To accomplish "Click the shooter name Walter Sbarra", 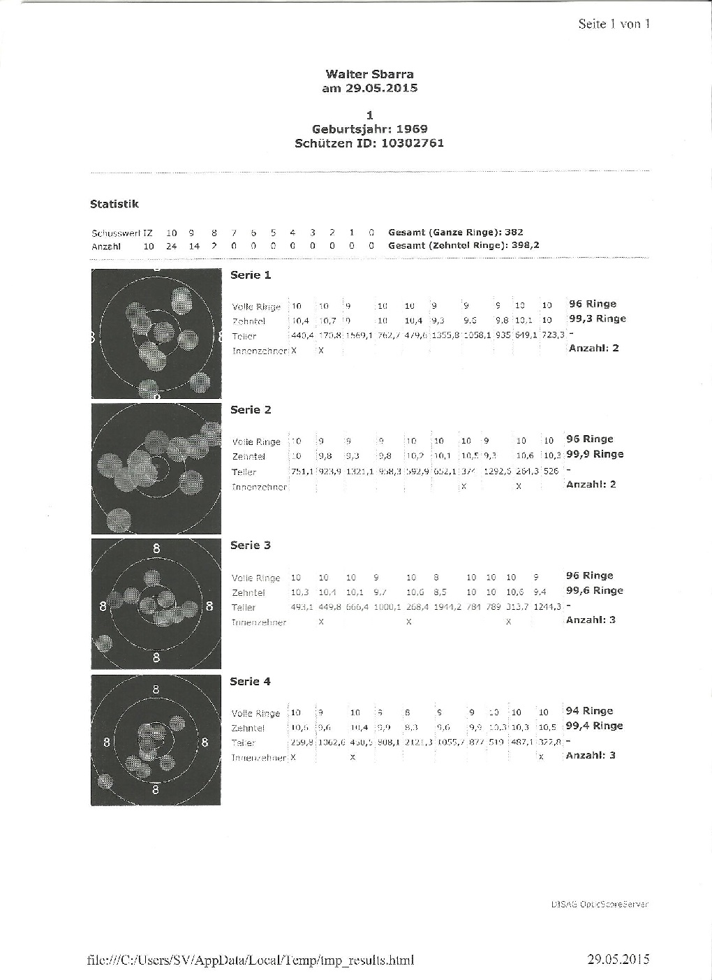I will pyautogui.click(x=369, y=74).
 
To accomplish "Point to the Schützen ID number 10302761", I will pyautogui.click(x=412, y=143).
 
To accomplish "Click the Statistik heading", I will pyautogui.click(x=114, y=204).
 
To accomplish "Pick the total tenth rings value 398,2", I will pyautogui.click(x=526, y=246).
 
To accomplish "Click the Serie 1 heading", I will pyautogui.click(x=251, y=275).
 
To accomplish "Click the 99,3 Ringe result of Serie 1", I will pyautogui.click(x=597, y=319).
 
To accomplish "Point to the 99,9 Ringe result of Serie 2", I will pyautogui.click(x=594, y=455).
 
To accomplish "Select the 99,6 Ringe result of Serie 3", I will pyautogui.click(x=594, y=591).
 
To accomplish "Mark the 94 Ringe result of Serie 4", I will pyautogui.click(x=589, y=711).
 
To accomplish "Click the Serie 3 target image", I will pyautogui.click(x=156, y=604).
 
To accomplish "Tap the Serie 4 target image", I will pyautogui.click(x=156, y=740).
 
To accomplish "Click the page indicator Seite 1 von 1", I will pyautogui.click(x=614, y=24).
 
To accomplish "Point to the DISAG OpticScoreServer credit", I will pyautogui.click(x=600, y=904).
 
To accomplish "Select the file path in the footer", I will pyautogui.click(x=250, y=960).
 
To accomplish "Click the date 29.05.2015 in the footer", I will pyautogui.click(x=618, y=959).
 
